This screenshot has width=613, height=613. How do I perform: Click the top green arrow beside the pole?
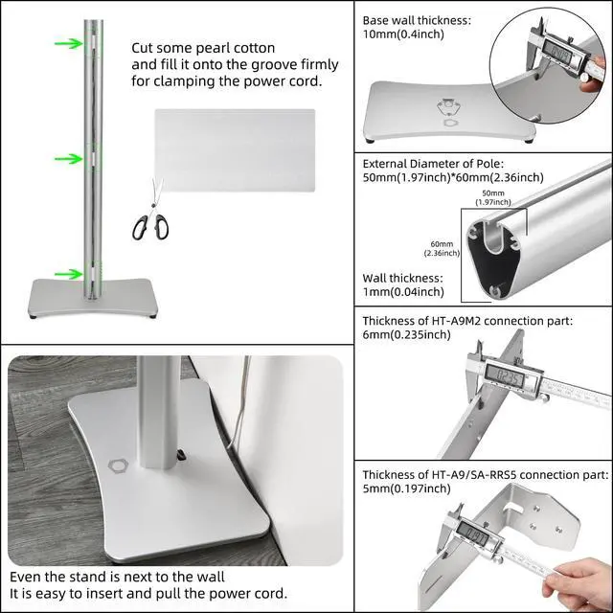point(69,43)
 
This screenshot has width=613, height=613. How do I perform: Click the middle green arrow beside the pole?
point(69,159)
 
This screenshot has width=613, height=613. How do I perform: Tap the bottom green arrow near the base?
point(69,274)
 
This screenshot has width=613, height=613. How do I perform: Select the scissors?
point(151,211)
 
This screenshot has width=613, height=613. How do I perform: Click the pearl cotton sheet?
point(235,150)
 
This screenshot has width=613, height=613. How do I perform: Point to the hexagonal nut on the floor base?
point(118,466)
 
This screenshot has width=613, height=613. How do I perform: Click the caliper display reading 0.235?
point(504,376)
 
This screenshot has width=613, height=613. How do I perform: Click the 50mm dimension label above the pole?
point(493,197)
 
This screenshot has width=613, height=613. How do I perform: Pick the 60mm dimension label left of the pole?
point(442,248)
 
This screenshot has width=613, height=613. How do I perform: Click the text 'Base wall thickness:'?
point(417,20)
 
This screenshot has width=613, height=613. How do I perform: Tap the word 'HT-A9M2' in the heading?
point(456,321)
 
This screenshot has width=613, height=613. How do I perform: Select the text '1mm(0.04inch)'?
point(403,292)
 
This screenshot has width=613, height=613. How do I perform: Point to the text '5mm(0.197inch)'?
point(406,488)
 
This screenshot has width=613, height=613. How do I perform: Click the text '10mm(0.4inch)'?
point(403,34)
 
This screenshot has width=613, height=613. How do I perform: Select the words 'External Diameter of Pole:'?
point(433,164)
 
